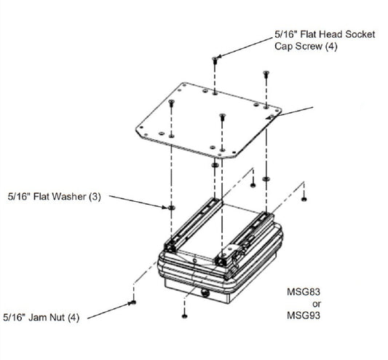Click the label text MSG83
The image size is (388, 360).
pos(304,291)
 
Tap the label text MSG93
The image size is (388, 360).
pos(304,316)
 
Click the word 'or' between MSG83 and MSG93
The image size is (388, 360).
pos(317,304)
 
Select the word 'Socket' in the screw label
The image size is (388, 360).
pos(360,34)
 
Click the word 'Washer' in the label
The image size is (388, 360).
pos(69,197)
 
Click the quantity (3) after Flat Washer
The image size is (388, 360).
pos(95,197)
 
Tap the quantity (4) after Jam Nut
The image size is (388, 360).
pos(74,318)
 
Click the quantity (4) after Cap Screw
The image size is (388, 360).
pos(331,47)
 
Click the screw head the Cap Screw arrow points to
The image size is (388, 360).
pos(215,59)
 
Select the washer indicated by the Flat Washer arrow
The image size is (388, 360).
pos(171,208)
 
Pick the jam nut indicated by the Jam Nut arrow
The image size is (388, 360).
pos(133,302)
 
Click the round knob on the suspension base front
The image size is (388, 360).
pos(205,293)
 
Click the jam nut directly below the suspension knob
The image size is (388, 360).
pos(185,316)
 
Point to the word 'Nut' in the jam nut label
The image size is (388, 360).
pos(58,317)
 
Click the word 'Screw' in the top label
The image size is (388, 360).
pos(309,47)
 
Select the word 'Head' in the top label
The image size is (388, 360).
pos(330,34)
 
